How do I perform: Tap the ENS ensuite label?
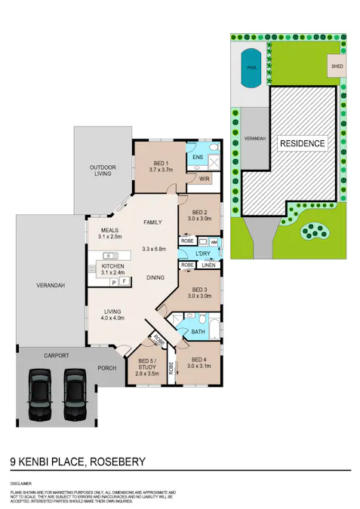tap(198, 157)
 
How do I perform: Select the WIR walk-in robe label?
tap(204, 179)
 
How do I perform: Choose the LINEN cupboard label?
tap(208, 265)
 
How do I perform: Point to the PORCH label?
tap(106, 369)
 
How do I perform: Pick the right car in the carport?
tap(75, 395)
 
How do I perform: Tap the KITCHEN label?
tap(112, 267)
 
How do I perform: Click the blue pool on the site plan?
tap(251, 66)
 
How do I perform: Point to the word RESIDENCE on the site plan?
tap(302, 143)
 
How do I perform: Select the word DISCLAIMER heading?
tap(21, 481)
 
